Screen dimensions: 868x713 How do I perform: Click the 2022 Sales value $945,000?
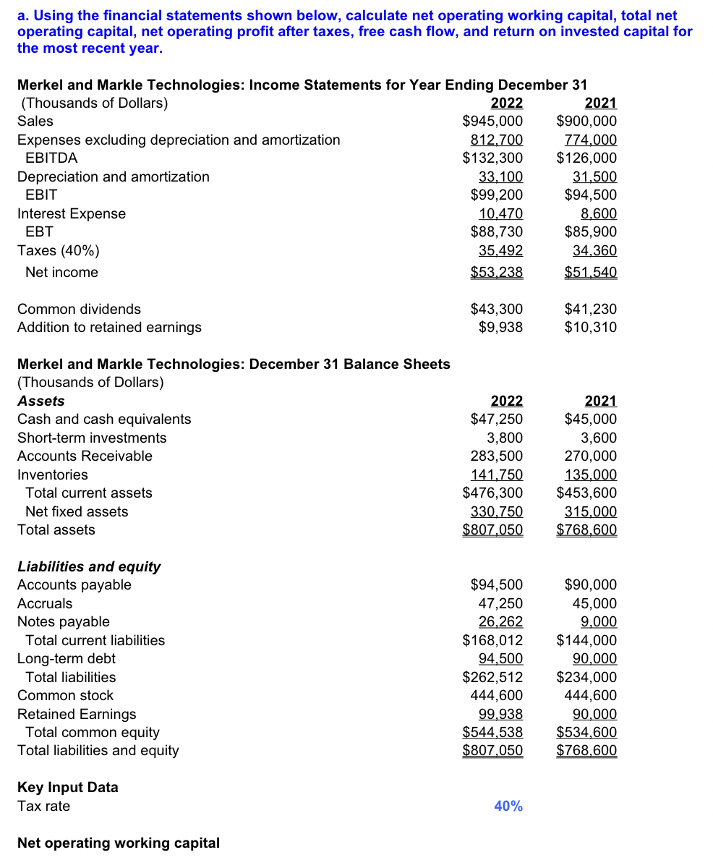pos(492,121)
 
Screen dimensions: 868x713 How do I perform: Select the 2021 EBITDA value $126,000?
pos(586,158)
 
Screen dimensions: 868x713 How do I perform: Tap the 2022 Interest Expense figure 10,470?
pos(500,213)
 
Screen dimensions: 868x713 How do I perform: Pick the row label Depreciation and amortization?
pos(113,176)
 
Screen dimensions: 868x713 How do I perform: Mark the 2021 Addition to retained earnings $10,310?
pos(590,327)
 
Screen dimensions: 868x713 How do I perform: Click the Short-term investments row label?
pos(91,438)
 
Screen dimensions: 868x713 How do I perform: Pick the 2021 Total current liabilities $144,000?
pos(586,640)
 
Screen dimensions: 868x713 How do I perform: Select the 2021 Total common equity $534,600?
pos(586,732)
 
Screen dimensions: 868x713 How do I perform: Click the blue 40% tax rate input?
pos(508,806)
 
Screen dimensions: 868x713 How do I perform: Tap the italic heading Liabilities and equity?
pos(89,566)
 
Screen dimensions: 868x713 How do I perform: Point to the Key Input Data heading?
pos(67,787)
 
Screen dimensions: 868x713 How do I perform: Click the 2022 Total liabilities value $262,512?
pos(492,677)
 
